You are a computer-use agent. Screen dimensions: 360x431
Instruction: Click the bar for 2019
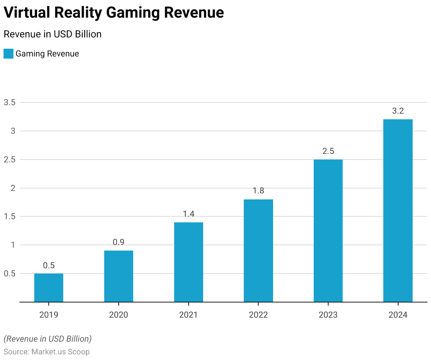click(x=49, y=288)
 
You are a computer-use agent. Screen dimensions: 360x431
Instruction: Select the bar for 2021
click(x=189, y=262)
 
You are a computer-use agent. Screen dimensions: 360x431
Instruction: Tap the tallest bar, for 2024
click(x=398, y=210)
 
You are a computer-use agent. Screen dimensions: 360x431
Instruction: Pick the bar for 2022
click(x=258, y=251)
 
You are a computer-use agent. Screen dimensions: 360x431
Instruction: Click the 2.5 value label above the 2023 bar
click(x=328, y=151)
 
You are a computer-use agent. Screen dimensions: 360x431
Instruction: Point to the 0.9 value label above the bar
click(x=119, y=242)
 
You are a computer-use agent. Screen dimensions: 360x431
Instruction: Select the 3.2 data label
click(x=398, y=111)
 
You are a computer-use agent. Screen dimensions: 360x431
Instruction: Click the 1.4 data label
click(x=189, y=214)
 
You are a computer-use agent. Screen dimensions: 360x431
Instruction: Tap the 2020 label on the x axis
click(x=119, y=315)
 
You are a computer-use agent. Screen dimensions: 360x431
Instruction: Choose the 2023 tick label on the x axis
click(x=328, y=315)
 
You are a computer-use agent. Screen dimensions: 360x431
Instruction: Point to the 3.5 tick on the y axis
click(x=10, y=102)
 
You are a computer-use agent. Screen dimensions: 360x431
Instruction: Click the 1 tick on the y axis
click(x=13, y=245)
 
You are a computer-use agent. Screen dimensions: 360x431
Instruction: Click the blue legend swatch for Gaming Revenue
click(x=8, y=54)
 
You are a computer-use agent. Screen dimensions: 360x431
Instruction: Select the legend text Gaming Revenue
click(x=47, y=54)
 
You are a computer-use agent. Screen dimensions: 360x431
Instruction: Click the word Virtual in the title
click(x=27, y=13)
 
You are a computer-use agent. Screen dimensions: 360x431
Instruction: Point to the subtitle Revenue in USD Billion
click(x=53, y=34)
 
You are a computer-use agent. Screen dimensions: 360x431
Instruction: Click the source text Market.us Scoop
click(x=60, y=352)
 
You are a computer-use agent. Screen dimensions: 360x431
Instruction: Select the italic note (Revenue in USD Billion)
click(x=48, y=339)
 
